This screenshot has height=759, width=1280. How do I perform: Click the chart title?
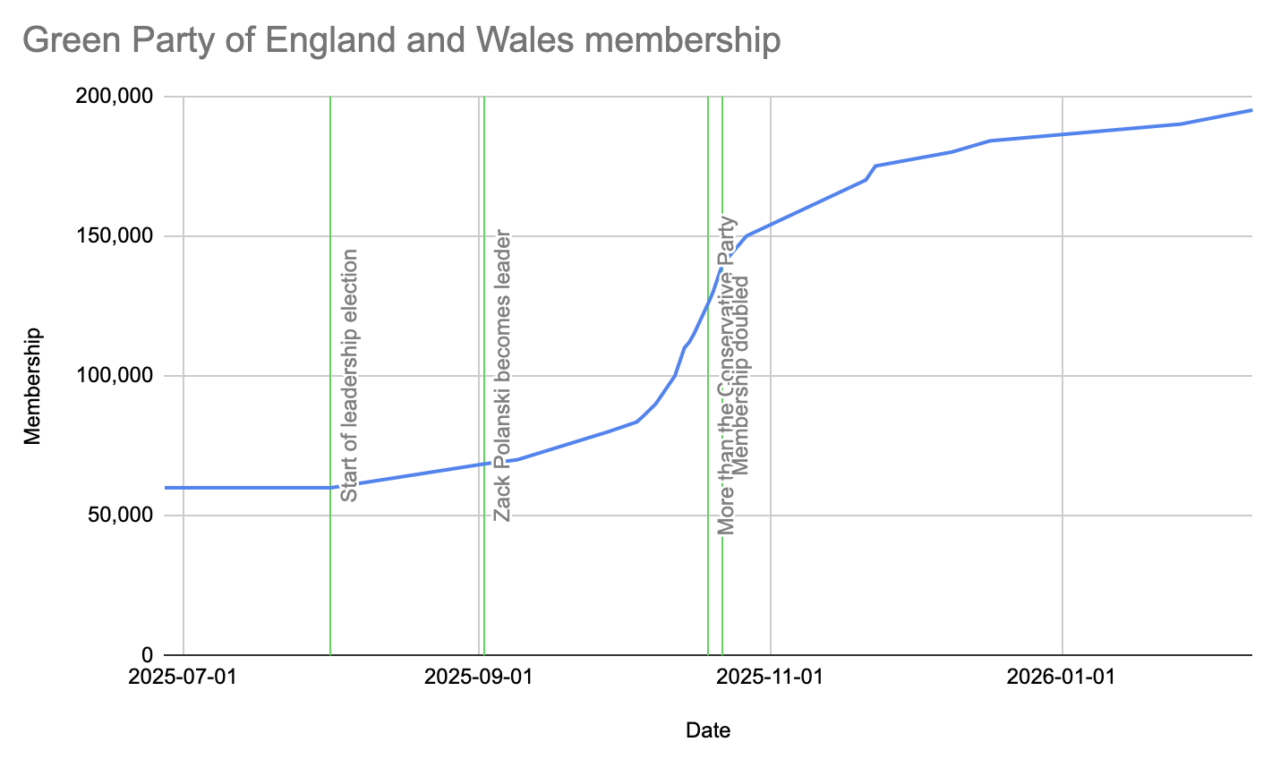pyautogui.click(x=401, y=40)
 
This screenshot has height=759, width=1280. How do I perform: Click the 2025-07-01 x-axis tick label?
pyautogui.click(x=183, y=677)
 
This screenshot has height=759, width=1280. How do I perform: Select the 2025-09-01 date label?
pyautogui.click(x=478, y=677)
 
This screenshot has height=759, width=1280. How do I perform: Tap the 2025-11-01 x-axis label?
pyautogui.click(x=770, y=677)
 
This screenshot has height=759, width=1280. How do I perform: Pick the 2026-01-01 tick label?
pyautogui.click(x=1061, y=677)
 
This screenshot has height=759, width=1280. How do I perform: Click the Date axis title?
pyautogui.click(x=708, y=730)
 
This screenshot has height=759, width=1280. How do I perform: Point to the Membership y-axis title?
pyautogui.click(x=33, y=386)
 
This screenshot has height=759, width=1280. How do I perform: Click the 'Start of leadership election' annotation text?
pyautogui.click(x=349, y=375)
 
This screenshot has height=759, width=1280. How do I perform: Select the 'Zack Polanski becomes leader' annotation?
pyautogui.click(x=502, y=376)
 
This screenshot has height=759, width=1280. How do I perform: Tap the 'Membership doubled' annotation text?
pyautogui.click(x=741, y=375)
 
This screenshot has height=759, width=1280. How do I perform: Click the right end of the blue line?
pyautogui.click(x=1250, y=110)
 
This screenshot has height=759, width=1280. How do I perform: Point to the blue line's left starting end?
pyautogui.click(x=166, y=488)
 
